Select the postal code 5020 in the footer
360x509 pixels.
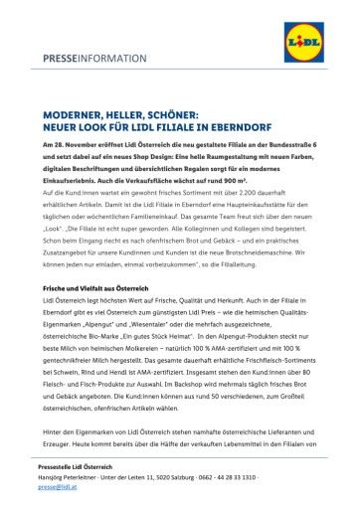point(184,476)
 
